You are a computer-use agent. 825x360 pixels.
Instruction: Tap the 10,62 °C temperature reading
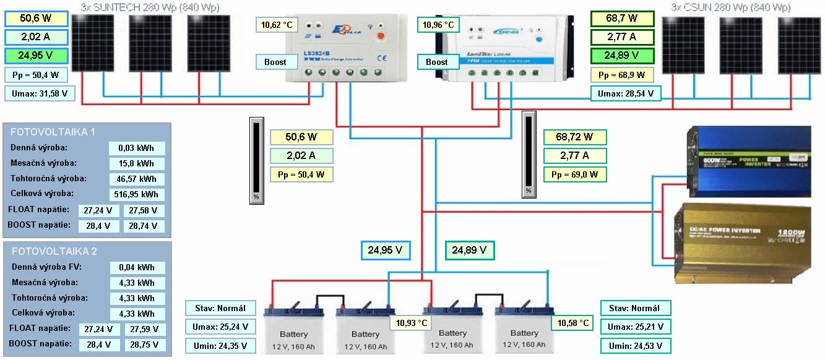[276, 25]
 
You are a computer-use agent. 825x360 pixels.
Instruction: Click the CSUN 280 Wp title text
[730, 7]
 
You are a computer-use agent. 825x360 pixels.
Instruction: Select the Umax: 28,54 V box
[625, 94]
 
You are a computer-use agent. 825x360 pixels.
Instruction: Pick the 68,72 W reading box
[574, 137]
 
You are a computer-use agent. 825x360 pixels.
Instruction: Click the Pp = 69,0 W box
[574, 174]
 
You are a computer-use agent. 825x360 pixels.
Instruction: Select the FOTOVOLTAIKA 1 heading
[54, 132]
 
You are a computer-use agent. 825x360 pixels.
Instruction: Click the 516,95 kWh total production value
[137, 194]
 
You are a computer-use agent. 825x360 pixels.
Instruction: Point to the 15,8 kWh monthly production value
[137, 164]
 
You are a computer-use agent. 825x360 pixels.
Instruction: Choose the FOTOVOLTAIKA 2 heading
[54, 252]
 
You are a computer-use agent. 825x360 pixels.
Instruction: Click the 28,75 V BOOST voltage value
[144, 345]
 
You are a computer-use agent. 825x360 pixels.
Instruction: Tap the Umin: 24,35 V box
[220, 346]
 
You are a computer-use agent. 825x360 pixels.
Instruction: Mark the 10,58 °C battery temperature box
[573, 324]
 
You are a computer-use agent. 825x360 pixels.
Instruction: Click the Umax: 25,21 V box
[636, 327]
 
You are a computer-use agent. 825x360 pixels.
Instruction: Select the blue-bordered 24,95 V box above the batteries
[386, 251]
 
